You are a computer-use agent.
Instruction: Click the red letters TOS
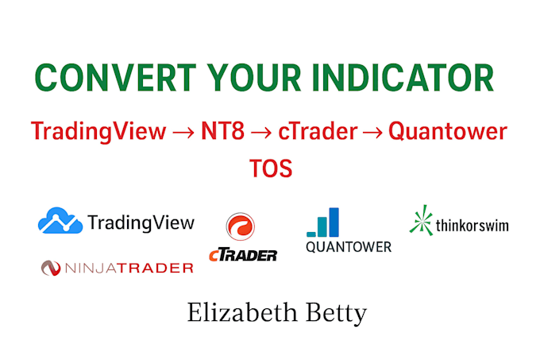click(x=270, y=168)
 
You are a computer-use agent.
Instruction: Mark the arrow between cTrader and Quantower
click(x=372, y=131)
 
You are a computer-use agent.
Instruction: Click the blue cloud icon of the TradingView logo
click(x=60, y=221)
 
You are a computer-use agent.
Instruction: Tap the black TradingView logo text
click(x=141, y=223)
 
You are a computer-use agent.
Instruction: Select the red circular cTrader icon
click(x=240, y=228)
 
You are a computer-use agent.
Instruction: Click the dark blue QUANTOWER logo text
click(x=349, y=246)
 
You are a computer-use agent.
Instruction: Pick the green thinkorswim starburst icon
click(x=421, y=220)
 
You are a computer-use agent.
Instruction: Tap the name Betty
click(x=337, y=313)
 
